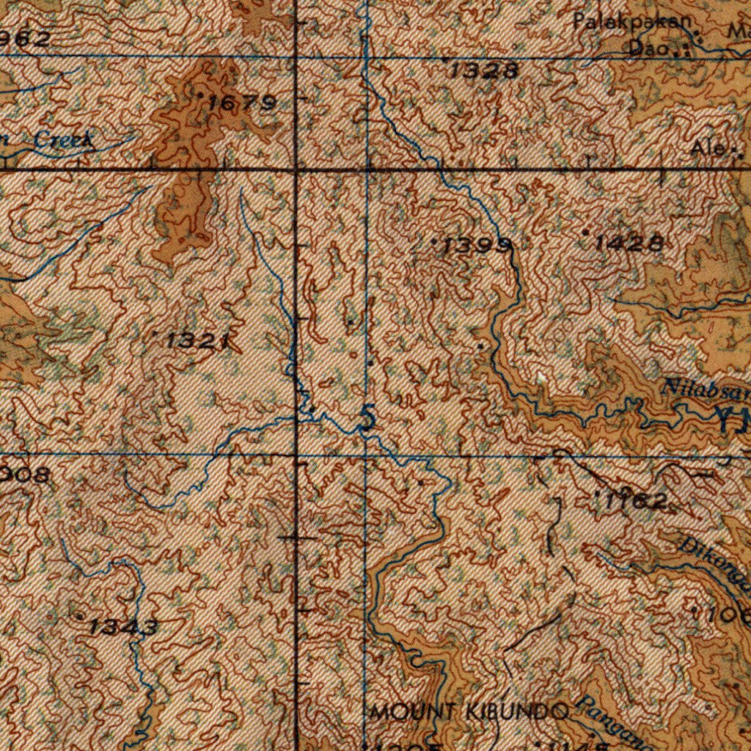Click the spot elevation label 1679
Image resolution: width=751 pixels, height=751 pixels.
tap(241, 103)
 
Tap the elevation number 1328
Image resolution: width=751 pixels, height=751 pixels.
tap(484, 70)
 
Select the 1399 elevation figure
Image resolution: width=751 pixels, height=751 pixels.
tap(476, 247)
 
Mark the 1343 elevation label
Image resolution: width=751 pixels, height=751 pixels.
tap(123, 627)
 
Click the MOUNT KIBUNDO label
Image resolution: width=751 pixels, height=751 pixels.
tap(470, 711)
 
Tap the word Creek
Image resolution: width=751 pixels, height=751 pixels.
tap(65, 140)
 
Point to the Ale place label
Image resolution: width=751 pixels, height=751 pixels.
tap(706, 149)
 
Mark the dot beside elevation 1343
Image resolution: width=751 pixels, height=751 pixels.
tap(80, 618)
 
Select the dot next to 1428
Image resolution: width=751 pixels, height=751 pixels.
tap(585, 232)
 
